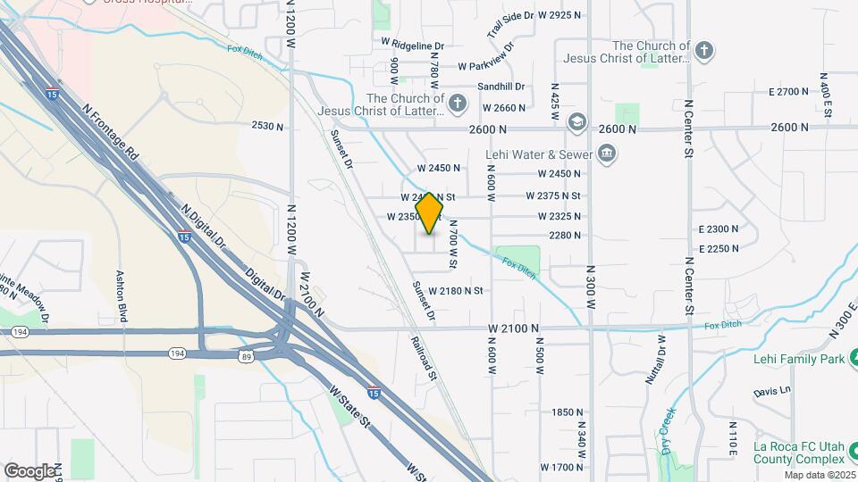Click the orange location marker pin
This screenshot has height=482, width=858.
[430, 213]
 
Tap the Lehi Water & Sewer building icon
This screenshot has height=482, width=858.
[607, 154]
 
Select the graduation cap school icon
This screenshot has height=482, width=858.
[576, 120]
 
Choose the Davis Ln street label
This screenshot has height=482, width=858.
[772, 391]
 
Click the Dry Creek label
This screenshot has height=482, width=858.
[668, 428]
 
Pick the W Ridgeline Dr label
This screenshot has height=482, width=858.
[412, 43]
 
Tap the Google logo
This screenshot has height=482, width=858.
[29, 470]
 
